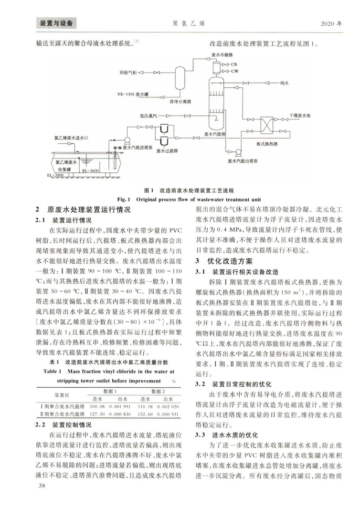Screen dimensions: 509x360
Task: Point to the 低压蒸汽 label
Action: click(149, 116)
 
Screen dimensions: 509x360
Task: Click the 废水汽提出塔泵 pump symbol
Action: click(239, 154)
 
